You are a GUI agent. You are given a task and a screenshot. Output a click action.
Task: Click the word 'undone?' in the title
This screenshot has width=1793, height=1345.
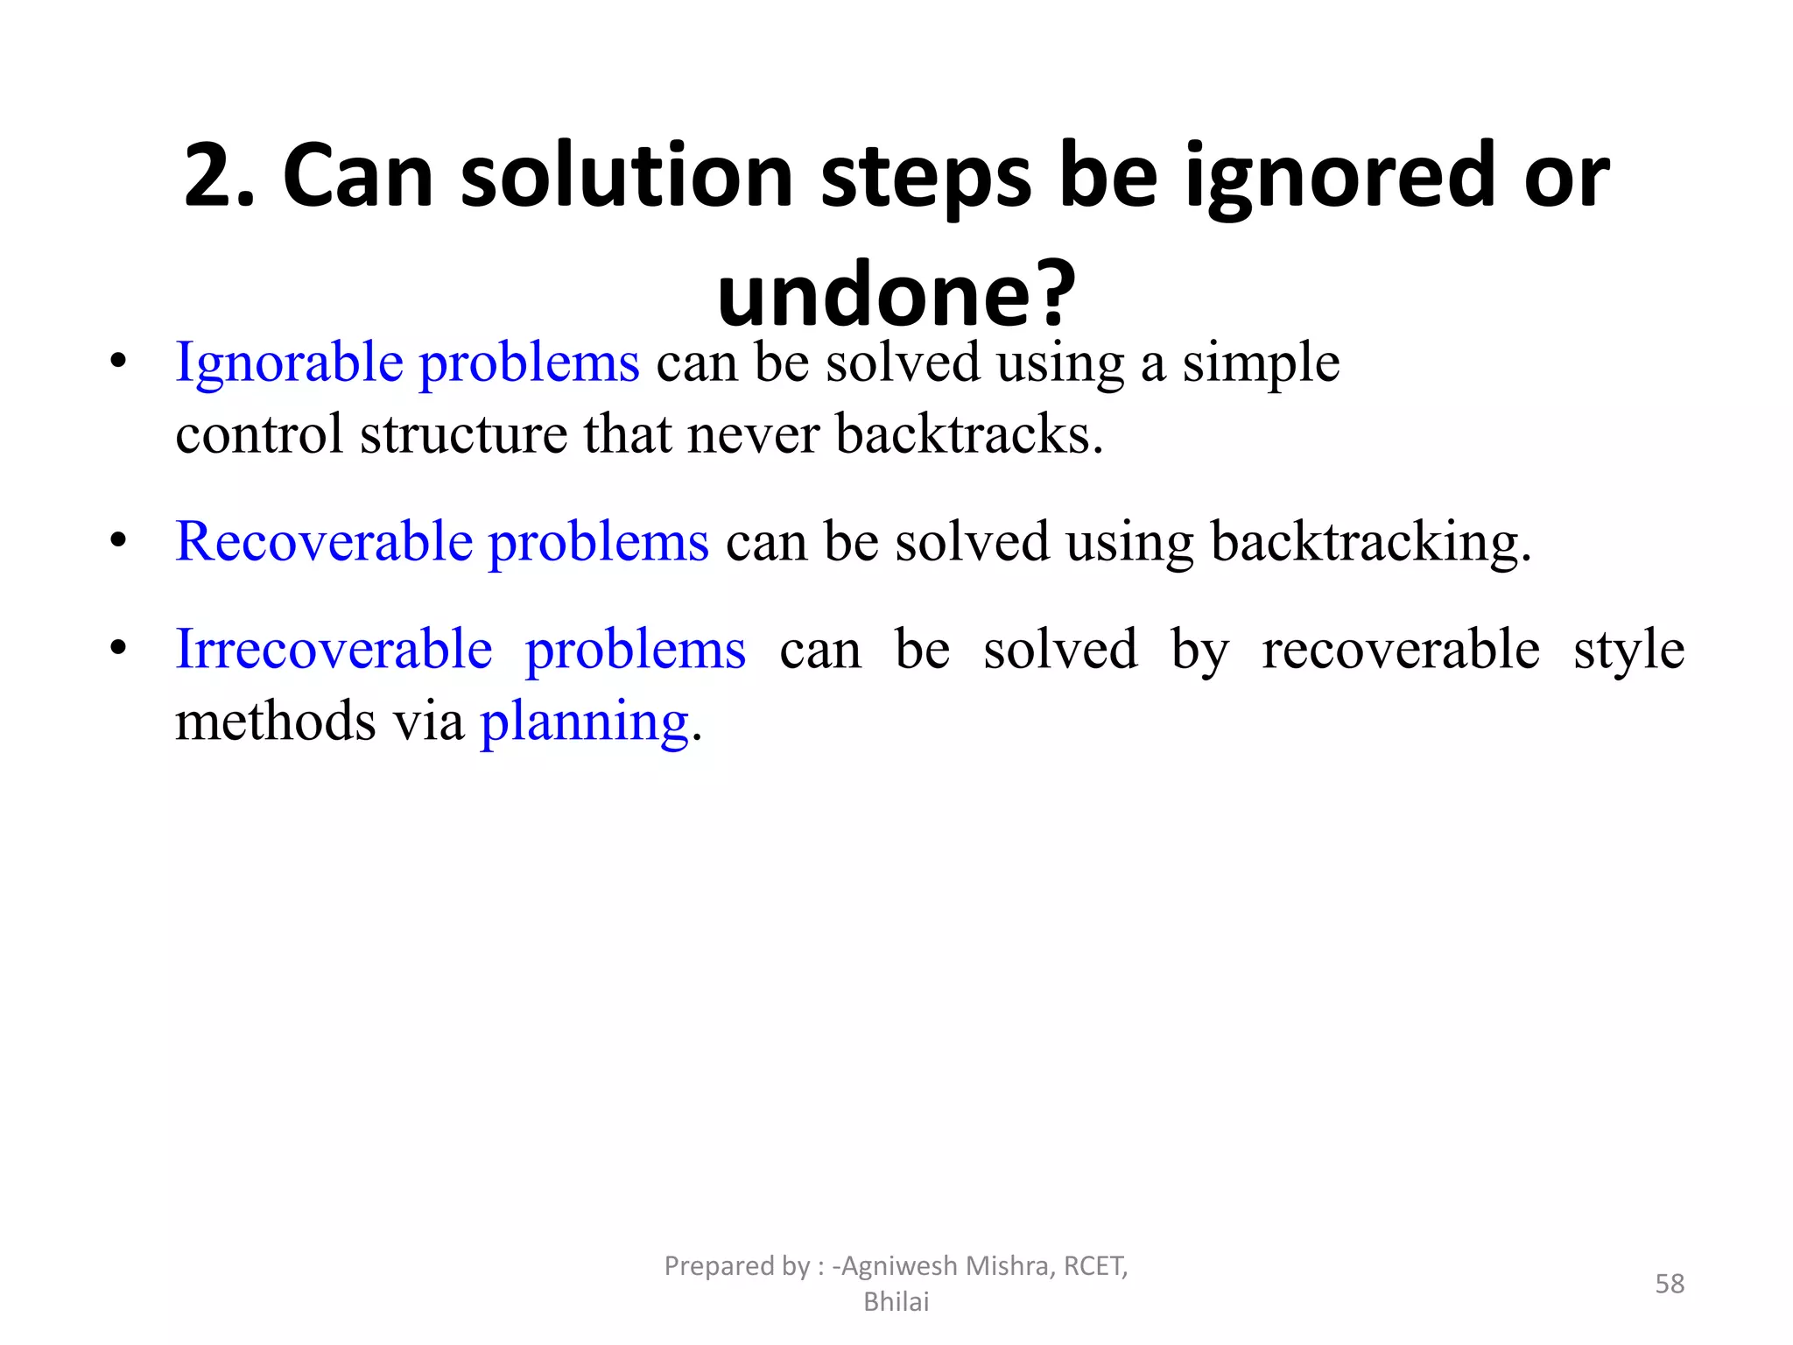tap(896, 293)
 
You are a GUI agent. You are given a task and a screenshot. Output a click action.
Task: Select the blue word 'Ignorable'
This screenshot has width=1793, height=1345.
tap(288, 363)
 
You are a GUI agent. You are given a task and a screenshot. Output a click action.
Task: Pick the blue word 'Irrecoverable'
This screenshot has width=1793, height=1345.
tap(334, 650)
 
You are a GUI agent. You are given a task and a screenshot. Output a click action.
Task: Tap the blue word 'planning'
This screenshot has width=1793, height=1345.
tap(584, 722)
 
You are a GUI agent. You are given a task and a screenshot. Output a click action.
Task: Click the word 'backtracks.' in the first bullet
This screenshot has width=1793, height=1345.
tap(969, 433)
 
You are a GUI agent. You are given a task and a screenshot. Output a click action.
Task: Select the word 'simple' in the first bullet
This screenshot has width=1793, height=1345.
tap(1261, 363)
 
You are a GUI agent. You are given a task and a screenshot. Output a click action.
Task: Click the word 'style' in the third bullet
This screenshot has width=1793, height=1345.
tap(1628, 650)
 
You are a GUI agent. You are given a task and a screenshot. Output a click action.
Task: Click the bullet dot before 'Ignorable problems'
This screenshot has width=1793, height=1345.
tap(118, 361)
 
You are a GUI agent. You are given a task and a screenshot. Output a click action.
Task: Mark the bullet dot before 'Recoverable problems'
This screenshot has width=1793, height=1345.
tap(118, 539)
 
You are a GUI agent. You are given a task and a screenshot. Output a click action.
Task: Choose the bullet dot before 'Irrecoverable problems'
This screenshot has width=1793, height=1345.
tap(118, 648)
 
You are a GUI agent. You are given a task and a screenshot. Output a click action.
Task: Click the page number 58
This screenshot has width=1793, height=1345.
tap(1669, 1284)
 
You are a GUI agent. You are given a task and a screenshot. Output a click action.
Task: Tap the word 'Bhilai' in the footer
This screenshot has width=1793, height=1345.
tap(896, 1302)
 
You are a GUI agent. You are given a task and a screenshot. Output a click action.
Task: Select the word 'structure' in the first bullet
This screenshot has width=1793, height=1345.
tap(463, 433)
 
